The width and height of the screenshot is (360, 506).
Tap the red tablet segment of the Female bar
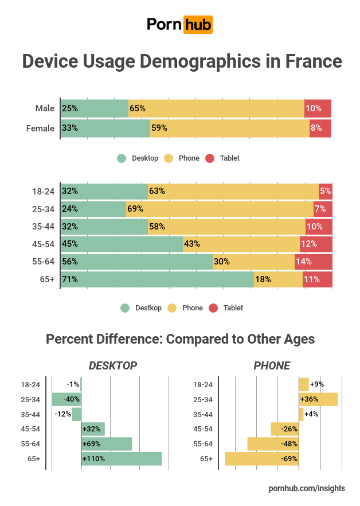tap(320, 129)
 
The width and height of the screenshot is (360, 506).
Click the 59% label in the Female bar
tap(159, 129)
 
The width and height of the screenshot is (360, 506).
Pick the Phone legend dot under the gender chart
tap(169, 158)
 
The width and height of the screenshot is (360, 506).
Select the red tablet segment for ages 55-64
tap(314, 262)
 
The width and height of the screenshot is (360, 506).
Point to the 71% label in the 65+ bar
tap(70, 279)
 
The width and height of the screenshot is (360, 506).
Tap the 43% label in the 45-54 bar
tap(192, 244)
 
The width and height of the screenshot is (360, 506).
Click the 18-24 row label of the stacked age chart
tap(43, 191)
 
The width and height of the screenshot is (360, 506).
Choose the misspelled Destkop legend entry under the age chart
tap(148, 308)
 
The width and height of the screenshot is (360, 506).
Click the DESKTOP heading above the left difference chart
tap(113, 365)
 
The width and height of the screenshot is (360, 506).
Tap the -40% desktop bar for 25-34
tap(66, 399)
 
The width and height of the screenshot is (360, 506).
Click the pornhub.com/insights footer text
tap(307, 488)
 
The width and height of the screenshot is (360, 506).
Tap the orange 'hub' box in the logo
tap(198, 24)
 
